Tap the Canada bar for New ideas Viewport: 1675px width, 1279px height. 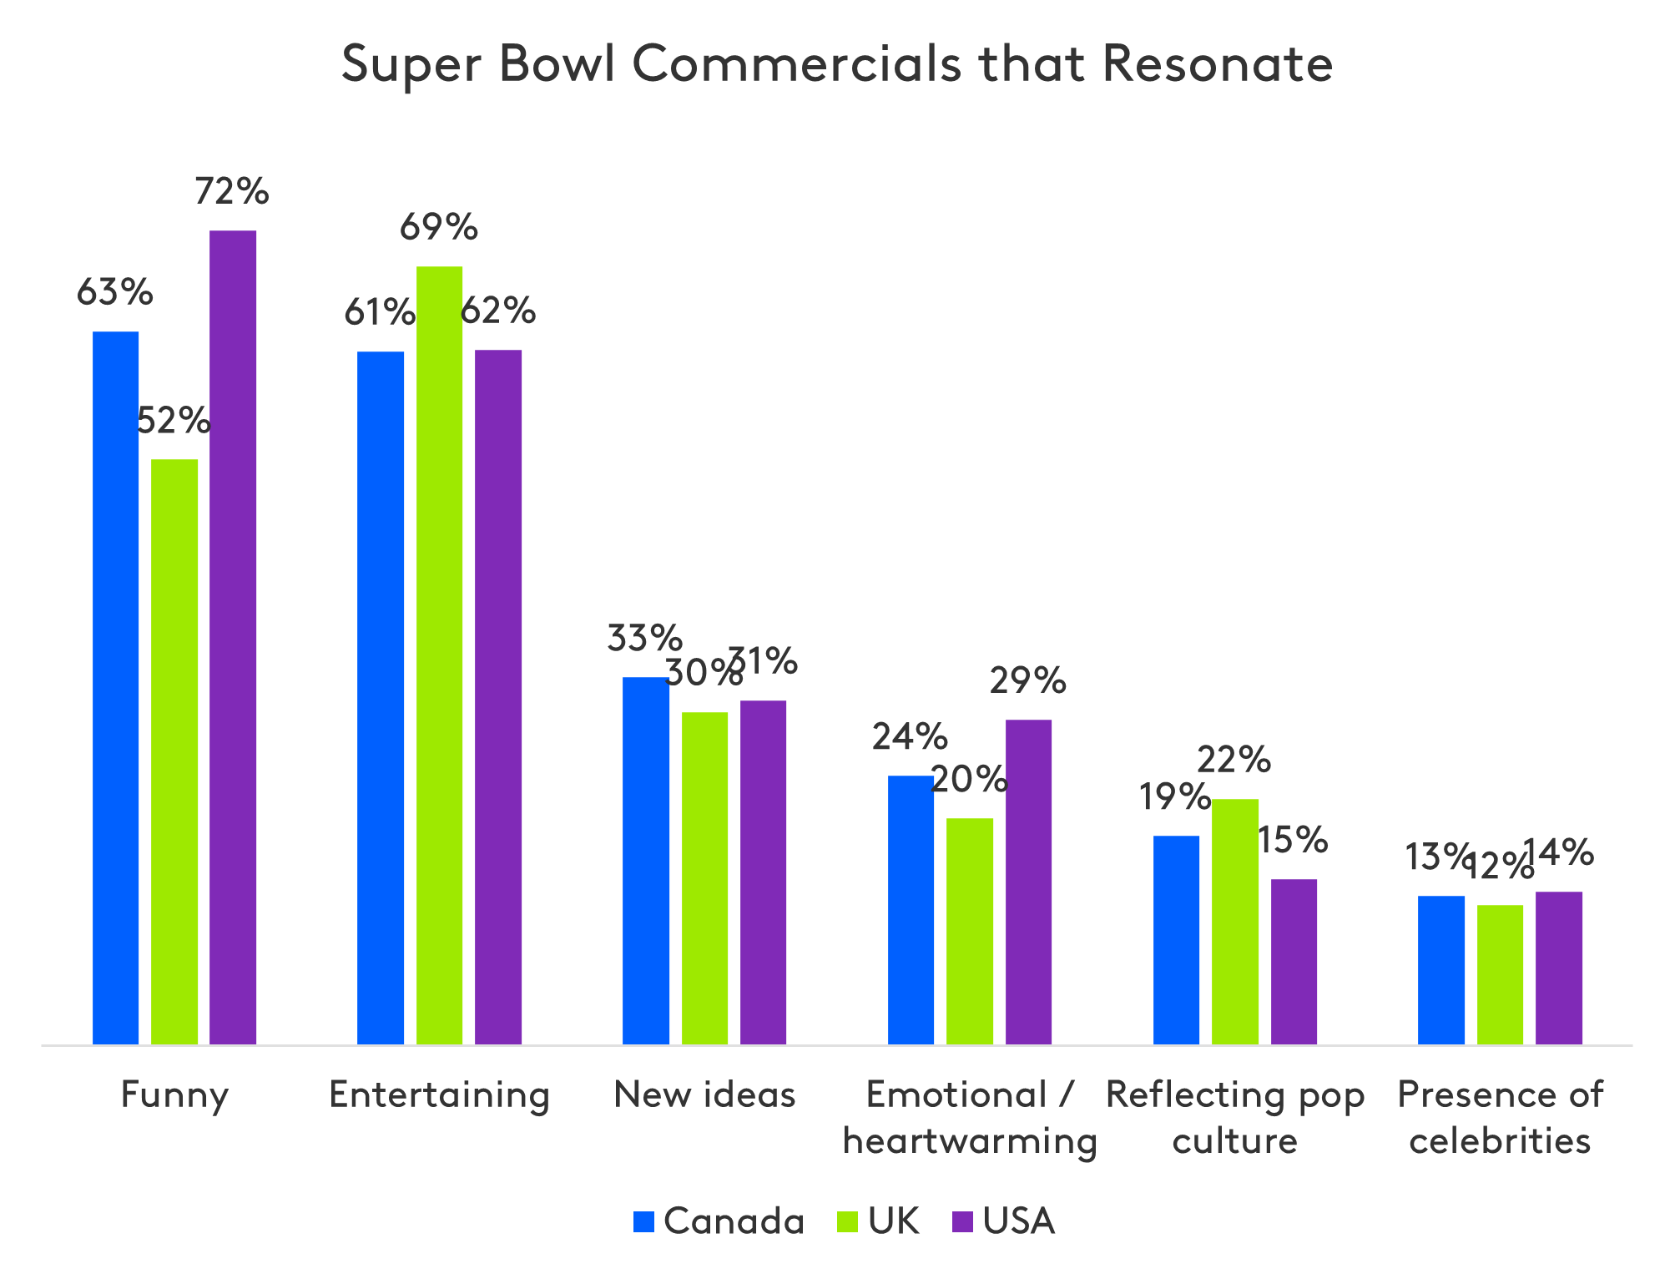tap(646, 860)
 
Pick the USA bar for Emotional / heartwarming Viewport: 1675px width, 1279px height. tap(1028, 882)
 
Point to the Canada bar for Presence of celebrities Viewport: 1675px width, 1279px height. tap(1441, 969)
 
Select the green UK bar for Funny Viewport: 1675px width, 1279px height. tap(174, 751)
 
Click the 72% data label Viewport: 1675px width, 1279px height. tap(231, 192)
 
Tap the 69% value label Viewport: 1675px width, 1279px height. tap(439, 227)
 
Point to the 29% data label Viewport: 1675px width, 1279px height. tap(1027, 681)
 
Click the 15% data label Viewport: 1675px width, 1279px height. tap(1292, 840)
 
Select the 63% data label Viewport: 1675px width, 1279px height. tap(114, 292)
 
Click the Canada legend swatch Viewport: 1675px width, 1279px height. tap(643, 1221)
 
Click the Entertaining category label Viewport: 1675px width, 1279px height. tap(440, 1094)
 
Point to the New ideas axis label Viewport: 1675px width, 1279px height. tap(704, 1094)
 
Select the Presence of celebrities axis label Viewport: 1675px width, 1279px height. tap(1500, 1117)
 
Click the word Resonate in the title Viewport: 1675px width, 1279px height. tap(1217, 63)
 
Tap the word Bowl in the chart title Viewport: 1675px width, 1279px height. tap(557, 63)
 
